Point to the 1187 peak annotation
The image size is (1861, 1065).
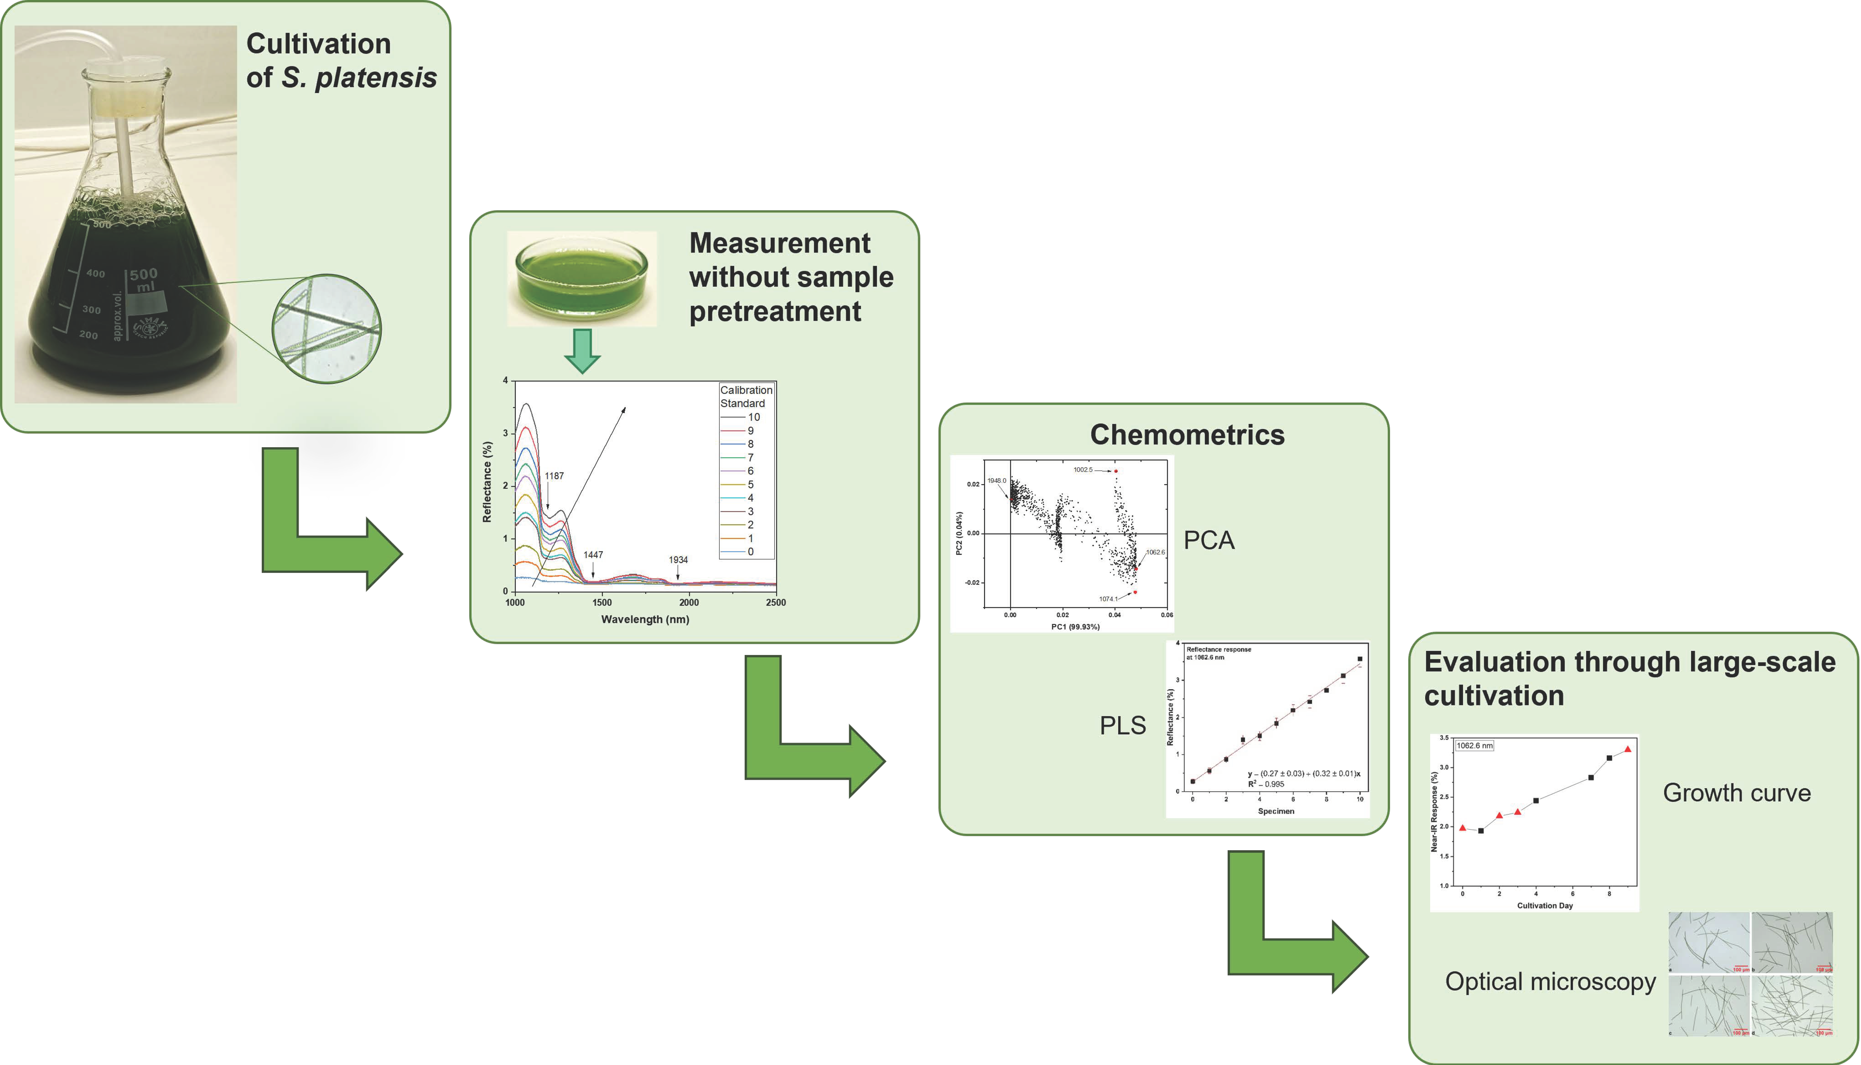[x=554, y=476]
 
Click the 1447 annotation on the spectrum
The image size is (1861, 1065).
[x=593, y=555]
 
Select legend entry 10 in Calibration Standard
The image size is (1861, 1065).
[x=753, y=417]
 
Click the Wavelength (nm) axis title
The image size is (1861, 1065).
[x=645, y=620]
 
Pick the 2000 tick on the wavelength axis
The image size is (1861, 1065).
[x=689, y=603]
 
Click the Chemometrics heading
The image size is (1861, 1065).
[x=1187, y=434]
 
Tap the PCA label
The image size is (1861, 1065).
[x=1209, y=541]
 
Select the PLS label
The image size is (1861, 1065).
[x=1122, y=726]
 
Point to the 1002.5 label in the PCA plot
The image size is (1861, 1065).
[x=1083, y=470]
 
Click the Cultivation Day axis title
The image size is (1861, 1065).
[x=1544, y=905]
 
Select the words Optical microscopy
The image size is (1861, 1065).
[x=1550, y=982]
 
